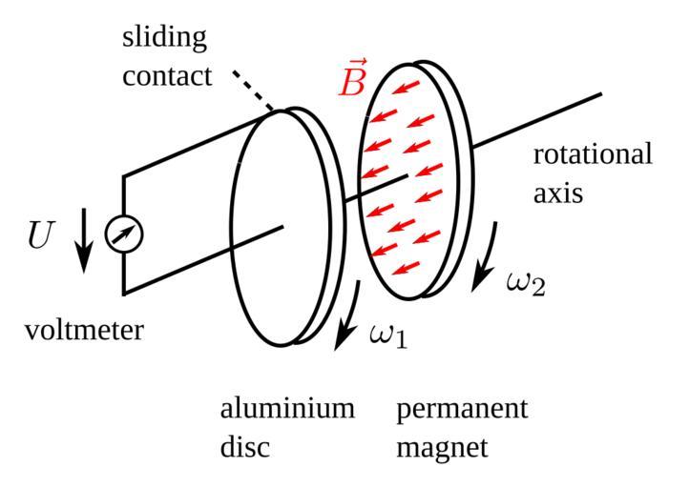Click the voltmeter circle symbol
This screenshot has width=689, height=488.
coord(123,234)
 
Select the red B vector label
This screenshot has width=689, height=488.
coord(352,83)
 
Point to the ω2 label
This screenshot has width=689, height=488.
coord(526,282)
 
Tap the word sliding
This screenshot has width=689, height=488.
coord(164,39)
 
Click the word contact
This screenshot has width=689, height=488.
coord(167,76)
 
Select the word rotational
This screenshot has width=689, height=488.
coord(593,154)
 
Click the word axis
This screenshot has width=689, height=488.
coord(557,193)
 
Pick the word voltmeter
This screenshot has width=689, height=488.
coord(84,331)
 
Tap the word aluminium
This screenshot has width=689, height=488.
coord(287,409)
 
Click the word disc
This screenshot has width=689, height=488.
coord(244,446)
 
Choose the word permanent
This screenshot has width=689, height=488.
coord(462,409)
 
